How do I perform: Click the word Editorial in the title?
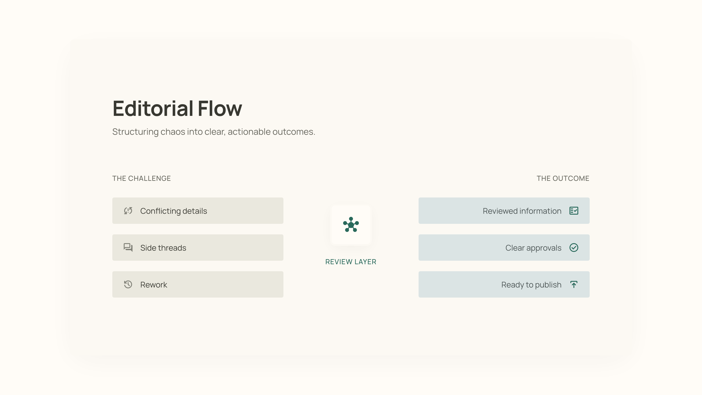click(x=153, y=108)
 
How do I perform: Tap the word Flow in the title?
click(x=220, y=108)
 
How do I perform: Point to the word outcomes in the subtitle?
click(x=294, y=132)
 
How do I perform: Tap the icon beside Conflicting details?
click(x=128, y=211)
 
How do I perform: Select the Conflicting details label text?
click(x=174, y=211)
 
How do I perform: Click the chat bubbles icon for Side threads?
click(x=128, y=248)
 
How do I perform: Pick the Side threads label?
click(x=163, y=248)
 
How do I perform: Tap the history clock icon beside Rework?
click(x=128, y=284)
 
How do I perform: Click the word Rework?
click(x=154, y=285)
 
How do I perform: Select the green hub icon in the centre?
click(x=351, y=224)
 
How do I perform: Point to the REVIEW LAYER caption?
click(x=351, y=262)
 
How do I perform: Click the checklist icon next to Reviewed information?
click(x=574, y=211)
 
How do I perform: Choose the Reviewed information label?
click(x=522, y=211)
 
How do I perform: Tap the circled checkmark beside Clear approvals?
click(x=574, y=248)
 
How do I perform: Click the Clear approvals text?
click(x=533, y=248)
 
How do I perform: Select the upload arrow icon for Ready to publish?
click(x=574, y=284)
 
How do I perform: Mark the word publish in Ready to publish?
click(x=548, y=285)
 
